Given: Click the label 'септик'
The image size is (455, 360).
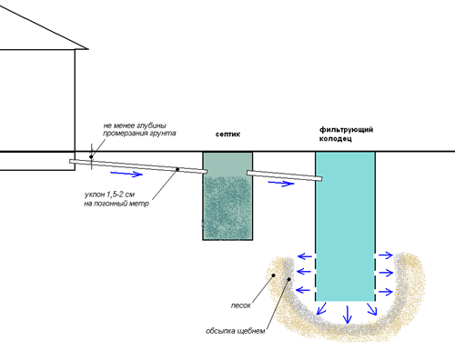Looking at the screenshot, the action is [227, 135].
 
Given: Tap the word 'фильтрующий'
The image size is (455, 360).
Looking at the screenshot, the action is [346, 130].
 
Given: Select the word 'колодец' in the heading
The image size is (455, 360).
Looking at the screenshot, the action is [336, 139].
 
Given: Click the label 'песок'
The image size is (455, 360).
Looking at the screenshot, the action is [241, 305].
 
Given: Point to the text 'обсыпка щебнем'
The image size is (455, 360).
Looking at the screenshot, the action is [236, 331].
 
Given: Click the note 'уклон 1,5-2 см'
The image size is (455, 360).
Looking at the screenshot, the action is [109, 195].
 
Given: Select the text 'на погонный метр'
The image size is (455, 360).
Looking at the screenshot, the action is [116, 204].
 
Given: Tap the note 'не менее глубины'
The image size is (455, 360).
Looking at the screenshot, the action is [135, 125].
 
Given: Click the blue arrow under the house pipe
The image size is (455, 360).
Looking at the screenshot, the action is [126, 174].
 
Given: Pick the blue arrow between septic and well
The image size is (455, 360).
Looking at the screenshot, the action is [281, 184].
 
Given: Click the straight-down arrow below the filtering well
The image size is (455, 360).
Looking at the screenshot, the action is [347, 315].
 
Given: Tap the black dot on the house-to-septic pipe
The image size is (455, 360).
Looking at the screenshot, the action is [177, 169].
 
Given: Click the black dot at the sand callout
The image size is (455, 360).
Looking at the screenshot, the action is [274, 275].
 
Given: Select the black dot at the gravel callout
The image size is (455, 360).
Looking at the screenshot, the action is [289, 279].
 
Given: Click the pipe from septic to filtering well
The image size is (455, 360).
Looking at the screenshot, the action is [284, 175].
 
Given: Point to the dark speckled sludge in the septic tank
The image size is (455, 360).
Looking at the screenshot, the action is [227, 207].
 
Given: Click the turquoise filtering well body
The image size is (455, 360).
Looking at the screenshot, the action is [345, 226].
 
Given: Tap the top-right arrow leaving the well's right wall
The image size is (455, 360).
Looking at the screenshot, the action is [386, 255].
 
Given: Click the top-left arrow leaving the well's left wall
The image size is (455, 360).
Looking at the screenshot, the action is [305, 256].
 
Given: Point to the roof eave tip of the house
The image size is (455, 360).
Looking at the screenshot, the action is [88, 49].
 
